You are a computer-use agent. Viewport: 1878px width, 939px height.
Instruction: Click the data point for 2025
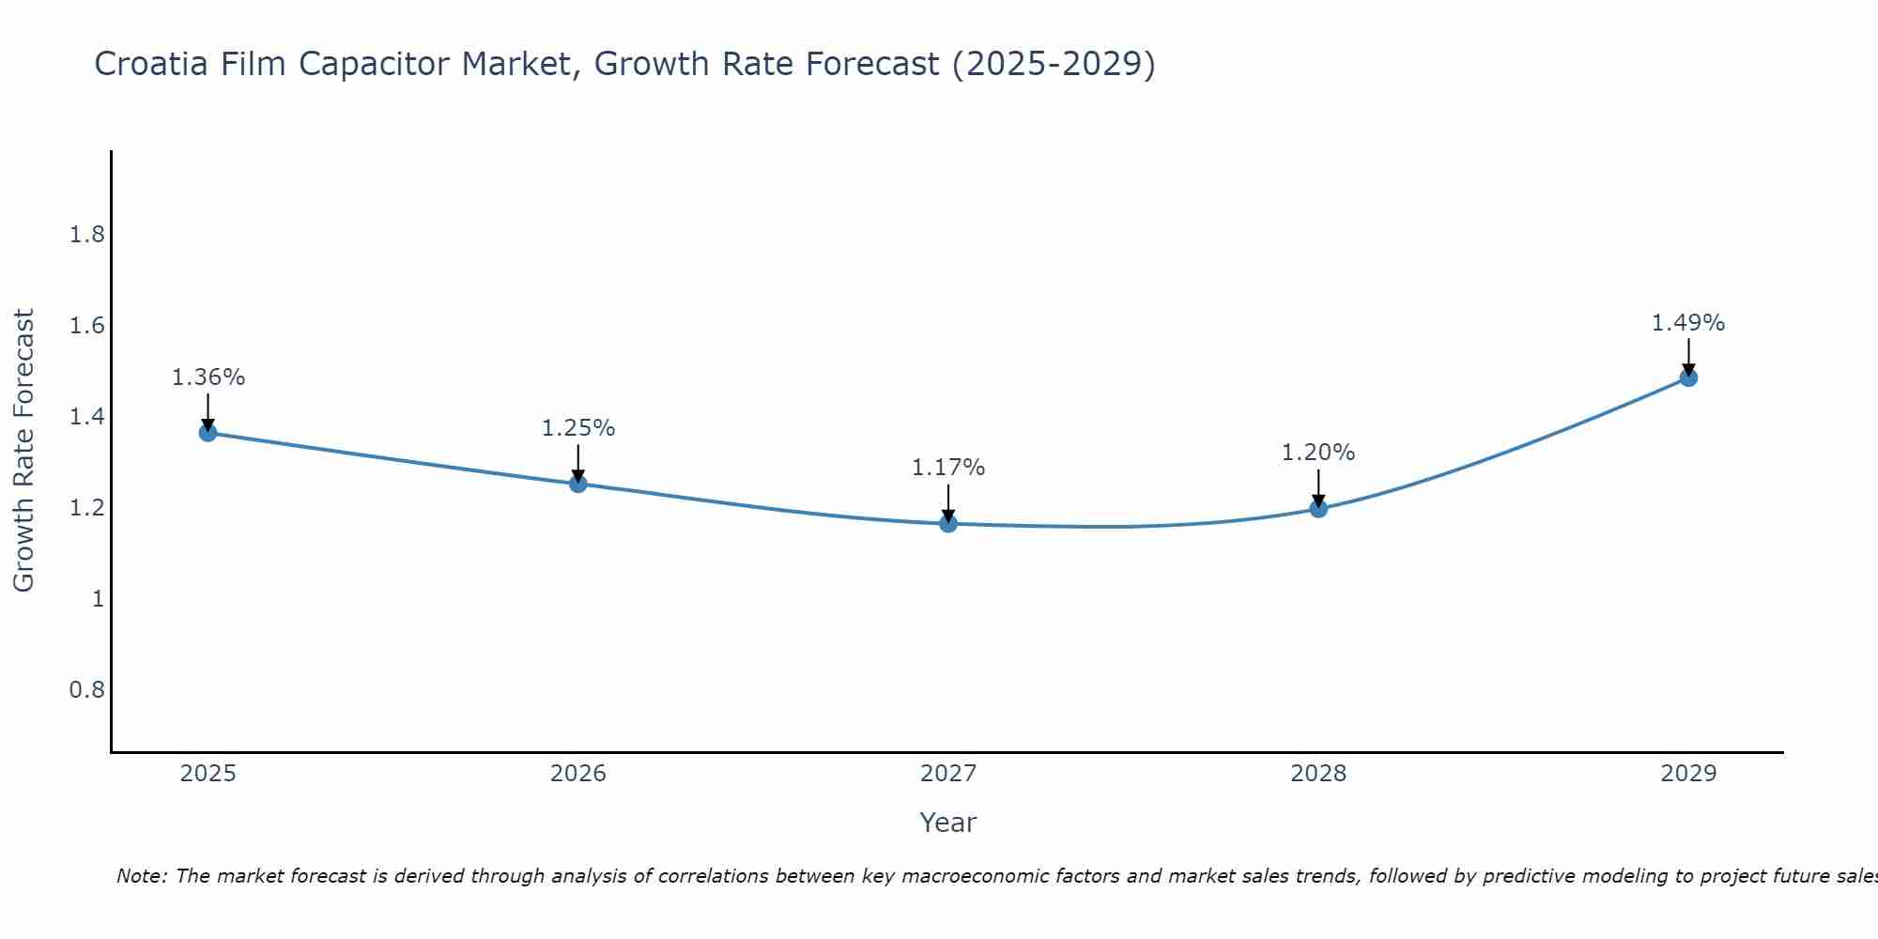(208, 433)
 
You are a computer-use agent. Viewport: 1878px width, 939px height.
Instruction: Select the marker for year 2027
(948, 524)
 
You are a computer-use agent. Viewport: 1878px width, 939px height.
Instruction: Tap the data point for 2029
(1688, 377)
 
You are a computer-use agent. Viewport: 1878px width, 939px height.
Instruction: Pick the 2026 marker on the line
(578, 484)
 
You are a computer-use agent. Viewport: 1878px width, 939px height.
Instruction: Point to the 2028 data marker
(1318, 509)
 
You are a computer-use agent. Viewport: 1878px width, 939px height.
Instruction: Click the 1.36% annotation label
(208, 377)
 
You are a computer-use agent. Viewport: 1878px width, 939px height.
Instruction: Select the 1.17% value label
(948, 468)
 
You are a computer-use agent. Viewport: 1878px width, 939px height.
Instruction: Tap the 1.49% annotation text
(1688, 323)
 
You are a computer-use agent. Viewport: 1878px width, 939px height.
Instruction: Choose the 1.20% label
(1318, 453)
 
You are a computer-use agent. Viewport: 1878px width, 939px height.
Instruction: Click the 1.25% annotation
(578, 428)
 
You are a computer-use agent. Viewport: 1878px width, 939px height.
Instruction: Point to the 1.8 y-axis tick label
(87, 235)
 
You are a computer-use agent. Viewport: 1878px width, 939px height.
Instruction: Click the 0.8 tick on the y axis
(87, 690)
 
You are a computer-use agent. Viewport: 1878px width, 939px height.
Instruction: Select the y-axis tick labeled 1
(98, 599)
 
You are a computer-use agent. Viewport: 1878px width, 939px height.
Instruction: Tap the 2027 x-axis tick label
(948, 774)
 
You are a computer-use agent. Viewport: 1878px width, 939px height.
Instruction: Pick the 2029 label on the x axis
(1688, 774)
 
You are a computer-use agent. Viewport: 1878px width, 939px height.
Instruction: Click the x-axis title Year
(948, 823)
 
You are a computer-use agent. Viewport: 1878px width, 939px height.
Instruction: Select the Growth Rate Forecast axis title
(23, 451)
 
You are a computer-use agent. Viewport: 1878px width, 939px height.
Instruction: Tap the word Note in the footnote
(141, 876)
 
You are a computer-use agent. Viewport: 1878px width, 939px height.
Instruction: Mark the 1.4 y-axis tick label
(87, 417)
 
